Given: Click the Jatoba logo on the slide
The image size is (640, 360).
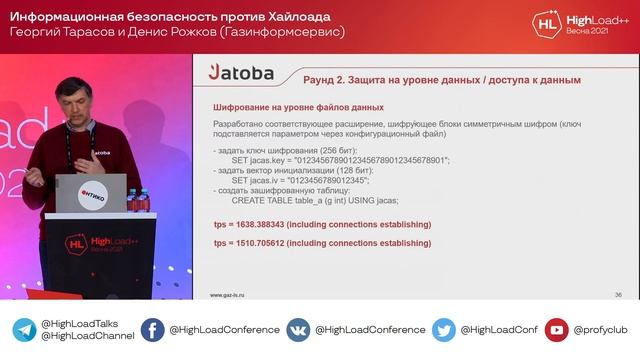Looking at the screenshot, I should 241,72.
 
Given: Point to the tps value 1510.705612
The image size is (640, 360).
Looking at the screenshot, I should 322,243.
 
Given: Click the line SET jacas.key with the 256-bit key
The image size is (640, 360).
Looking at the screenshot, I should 340,160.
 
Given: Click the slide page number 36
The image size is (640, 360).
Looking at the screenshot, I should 618,295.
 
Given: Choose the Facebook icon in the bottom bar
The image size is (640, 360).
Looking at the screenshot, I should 152,330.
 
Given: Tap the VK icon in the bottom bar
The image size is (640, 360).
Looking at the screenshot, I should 298,330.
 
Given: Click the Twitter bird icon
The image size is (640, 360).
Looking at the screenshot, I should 444,330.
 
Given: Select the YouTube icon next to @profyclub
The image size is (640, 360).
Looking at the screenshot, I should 557,330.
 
